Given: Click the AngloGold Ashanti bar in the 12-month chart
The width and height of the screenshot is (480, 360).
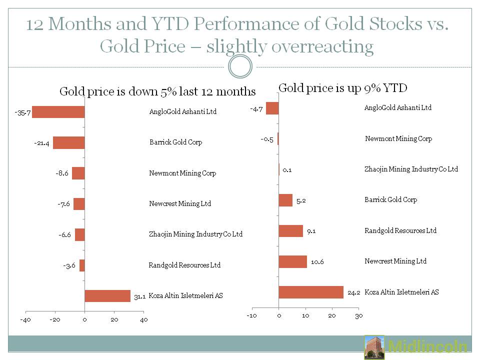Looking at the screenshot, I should click(x=58, y=112).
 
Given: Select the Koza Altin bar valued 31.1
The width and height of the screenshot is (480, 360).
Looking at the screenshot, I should click(x=107, y=296).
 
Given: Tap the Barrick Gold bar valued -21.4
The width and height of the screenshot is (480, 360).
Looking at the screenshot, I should click(x=68, y=142).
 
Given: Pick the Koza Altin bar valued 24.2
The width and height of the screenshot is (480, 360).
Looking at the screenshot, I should click(x=311, y=292).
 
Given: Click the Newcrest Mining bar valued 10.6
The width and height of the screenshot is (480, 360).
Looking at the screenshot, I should click(x=292, y=261).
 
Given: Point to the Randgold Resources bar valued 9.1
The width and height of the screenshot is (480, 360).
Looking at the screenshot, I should click(x=290, y=231).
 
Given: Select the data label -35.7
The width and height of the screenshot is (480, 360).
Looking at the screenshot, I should click(x=22, y=112).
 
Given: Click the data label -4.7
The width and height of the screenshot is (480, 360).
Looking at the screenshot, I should click(x=256, y=108).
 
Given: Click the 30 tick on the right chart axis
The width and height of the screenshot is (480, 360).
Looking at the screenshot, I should click(x=358, y=315).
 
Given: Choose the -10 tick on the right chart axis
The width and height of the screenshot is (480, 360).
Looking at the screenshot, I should click(x=252, y=315).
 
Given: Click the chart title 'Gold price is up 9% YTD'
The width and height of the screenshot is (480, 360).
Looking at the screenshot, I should click(x=343, y=88).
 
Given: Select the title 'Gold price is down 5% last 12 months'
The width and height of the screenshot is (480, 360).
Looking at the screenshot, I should click(x=157, y=91).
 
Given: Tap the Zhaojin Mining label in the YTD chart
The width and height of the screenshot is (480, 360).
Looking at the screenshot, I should click(x=411, y=169).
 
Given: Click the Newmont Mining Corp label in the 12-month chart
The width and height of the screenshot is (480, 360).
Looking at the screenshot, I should click(x=182, y=173).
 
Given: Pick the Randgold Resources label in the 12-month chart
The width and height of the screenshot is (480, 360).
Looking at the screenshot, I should click(x=184, y=265).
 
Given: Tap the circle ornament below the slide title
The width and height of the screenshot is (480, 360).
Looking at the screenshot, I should click(x=239, y=66).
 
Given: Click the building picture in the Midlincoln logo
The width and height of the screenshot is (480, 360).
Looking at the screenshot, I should click(x=374, y=347).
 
